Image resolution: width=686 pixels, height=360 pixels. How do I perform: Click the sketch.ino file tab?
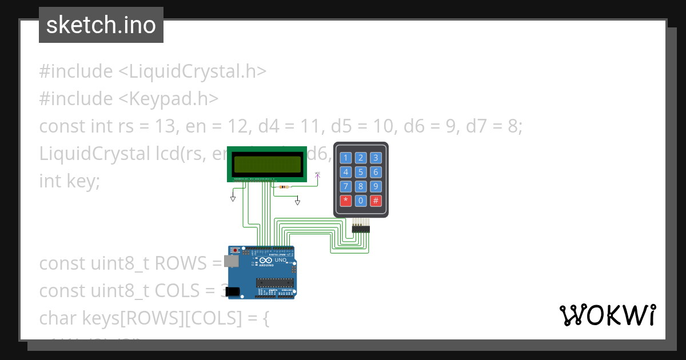click(101, 25)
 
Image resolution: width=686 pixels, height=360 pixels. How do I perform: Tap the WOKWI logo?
click(607, 315)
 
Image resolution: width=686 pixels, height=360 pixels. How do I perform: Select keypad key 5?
click(361, 172)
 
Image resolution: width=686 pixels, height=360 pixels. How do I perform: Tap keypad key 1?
click(346, 158)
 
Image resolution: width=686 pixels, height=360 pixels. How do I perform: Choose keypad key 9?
click(376, 186)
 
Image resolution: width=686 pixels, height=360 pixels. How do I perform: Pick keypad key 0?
click(361, 201)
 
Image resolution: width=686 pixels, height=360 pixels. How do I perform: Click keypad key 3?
click(376, 158)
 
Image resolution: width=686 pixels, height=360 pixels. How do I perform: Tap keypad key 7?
click(346, 186)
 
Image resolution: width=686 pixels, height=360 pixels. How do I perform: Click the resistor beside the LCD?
click(283, 187)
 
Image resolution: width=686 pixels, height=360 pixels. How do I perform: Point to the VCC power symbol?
click(318, 174)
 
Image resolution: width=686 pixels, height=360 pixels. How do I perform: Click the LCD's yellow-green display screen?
click(268, 164)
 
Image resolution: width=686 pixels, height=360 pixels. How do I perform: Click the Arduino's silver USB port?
click(232, 261)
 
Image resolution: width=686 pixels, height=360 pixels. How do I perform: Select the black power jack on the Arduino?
click(232, 291)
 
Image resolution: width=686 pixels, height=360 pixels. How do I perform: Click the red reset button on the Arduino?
click(236, 250)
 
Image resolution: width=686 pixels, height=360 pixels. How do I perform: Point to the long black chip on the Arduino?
click(275, 281)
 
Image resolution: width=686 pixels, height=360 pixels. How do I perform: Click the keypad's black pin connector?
click(361, 229)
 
